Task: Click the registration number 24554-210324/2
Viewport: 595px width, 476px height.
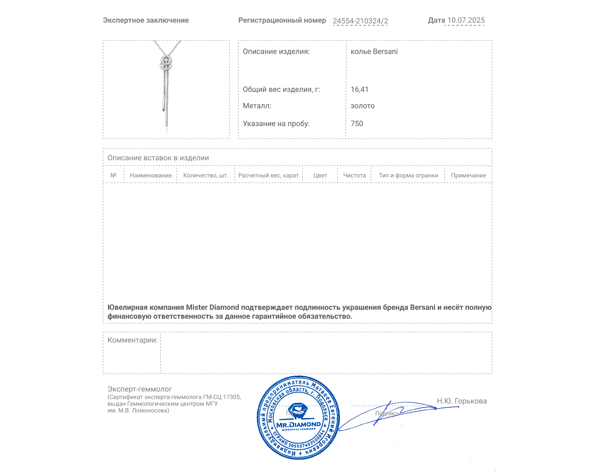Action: [x=360, y=21]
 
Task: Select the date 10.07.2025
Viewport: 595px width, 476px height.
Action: [x=466, y=20]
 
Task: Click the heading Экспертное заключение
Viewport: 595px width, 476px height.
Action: [x=146, y=20]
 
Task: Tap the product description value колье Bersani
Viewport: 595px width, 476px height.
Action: [x=374, y=52]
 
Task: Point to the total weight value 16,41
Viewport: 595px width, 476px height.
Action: [x=359, y=90]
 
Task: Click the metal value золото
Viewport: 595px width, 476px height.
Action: [x=363, y=106]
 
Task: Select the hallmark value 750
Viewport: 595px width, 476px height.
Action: [x=357, y=124]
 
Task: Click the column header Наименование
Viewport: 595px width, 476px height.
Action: [x=151, y=176]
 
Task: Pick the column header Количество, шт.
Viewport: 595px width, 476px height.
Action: [x=206, y=176]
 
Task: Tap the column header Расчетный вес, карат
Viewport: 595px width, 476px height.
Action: [x=268, y=176]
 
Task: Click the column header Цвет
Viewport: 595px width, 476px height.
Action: [x=320, y=176]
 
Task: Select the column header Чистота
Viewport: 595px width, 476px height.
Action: [x=354, y=176]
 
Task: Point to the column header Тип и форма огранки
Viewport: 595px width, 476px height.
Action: [x=408, y=176]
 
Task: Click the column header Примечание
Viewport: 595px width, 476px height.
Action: [x=468, y=176]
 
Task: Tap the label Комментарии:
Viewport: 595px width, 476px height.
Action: [x=132, y=340]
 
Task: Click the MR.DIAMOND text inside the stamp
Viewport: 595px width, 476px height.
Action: [x=298, y=425]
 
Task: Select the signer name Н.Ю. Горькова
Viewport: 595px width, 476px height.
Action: [x=461, y=401]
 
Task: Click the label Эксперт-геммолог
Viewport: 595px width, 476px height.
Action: [x=139, y=389]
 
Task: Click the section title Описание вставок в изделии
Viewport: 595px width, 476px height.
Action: [x=158, y=158]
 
